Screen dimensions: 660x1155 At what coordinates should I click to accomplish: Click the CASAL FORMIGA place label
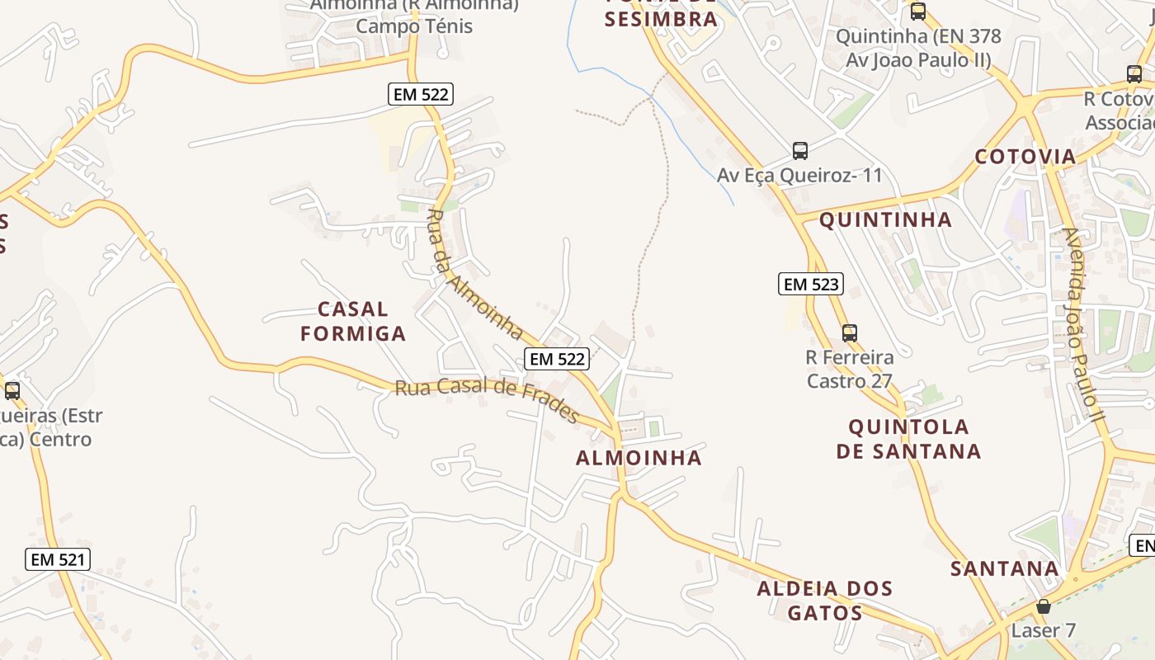[353, 321]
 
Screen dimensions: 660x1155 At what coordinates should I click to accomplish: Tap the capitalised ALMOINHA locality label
[639, 458]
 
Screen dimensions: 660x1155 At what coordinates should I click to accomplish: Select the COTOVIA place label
[1025, 157]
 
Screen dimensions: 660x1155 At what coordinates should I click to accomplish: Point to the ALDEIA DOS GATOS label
[825, 601]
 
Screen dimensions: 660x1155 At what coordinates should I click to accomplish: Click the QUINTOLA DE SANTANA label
[908, 439]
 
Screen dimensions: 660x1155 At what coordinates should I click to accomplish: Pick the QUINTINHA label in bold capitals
[885, 220]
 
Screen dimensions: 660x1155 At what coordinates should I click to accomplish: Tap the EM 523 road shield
[811, 285]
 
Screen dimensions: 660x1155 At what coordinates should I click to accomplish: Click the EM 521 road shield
[57, 559]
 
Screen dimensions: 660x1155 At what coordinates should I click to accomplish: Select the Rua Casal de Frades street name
[487, 398]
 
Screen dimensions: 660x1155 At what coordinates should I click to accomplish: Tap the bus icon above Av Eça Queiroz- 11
[799, 151]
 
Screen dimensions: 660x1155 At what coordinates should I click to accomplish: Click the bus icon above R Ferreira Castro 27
[849, 333]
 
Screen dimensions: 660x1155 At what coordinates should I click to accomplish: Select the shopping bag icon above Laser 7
[1044, 606]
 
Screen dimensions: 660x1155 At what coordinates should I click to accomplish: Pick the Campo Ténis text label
[414, 26]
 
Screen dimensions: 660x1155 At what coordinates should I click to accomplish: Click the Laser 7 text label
[1044, 630]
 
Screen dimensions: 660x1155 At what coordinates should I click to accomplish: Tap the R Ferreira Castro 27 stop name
[850, 370]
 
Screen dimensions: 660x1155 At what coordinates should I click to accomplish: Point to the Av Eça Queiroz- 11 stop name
[799, 176]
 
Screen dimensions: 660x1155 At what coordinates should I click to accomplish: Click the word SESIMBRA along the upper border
[660, 20]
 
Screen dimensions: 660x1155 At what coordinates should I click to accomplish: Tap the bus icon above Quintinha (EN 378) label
[917, 12]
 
